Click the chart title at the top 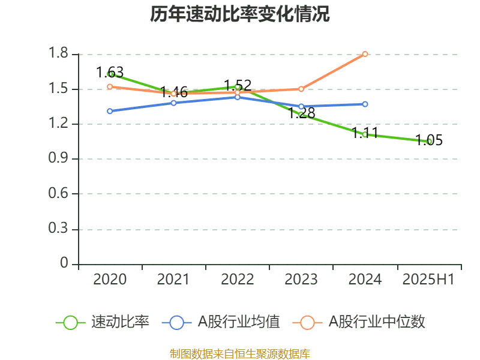click(x=240, y=14)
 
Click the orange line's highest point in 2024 click(x=365, y=54)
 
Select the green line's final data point click(x=428, y=141)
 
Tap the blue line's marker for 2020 click(x=110, y=111)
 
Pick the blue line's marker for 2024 click(x=365, y=104)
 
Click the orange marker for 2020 click(x=110, y=86)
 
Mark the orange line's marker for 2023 click(x=301, y=89)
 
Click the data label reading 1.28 click(x=302, y=113)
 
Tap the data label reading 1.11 click(x=365, y=133)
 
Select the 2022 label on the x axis click(x=238, y=280)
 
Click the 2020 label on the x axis click(x=110, y=280)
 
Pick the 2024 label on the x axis click(x=365, y=280)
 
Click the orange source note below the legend click(x=240, y=353)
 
